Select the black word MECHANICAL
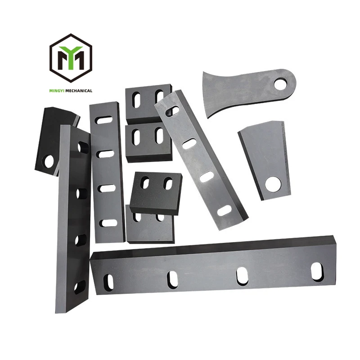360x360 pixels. point(80,90)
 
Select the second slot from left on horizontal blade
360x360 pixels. point(172,279)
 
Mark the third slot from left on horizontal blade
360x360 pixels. point(242,276)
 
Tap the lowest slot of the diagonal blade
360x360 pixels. point(224,210)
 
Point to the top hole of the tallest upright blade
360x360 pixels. point(83,147)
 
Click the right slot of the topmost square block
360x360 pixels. point(159,96)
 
